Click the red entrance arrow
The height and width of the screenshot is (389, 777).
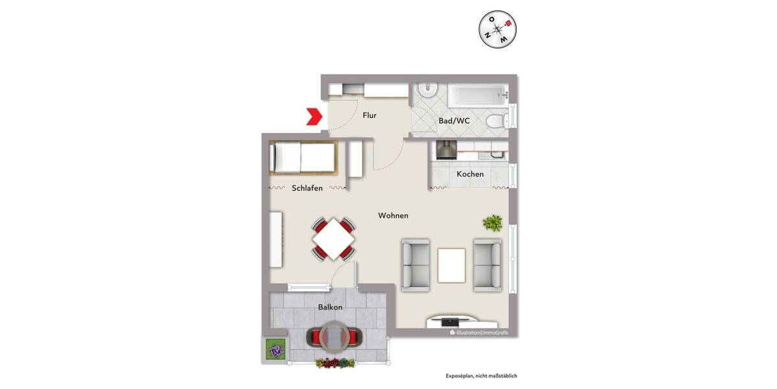pyautogui.click(x=314, y=117)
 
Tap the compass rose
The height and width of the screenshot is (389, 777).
pyautogui.click(x=497, y=29)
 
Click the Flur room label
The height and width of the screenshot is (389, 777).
pyautogui.click(x=370, y=115)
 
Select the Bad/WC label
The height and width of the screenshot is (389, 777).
pyautogui.click(x=454, y=121)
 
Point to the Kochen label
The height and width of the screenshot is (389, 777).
pyautogui.click(x=470, y=174)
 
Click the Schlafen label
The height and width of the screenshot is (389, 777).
pyautogui.click(x=307, y=188)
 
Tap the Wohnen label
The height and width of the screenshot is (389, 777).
pyautogui.click(x=393, y=215)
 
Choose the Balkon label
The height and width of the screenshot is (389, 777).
pyautogui.click(x=330, y=307)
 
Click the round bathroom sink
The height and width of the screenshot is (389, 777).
pyautogui.click(x=428, y=91)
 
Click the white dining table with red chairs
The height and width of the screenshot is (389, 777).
pyautogui.click(x=333, y=239)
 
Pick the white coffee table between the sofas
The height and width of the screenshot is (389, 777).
pyautogui.click(x=451, y=265)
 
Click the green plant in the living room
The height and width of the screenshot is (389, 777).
pyautogui.click(x=492, y=224)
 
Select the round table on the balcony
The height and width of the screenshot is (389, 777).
pyautogui.click(x=335, y=335)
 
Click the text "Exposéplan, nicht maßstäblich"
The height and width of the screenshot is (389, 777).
pyautogui.click(x=481, y=375)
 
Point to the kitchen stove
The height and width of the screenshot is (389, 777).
pyautogui.click(x=446, y=150)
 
